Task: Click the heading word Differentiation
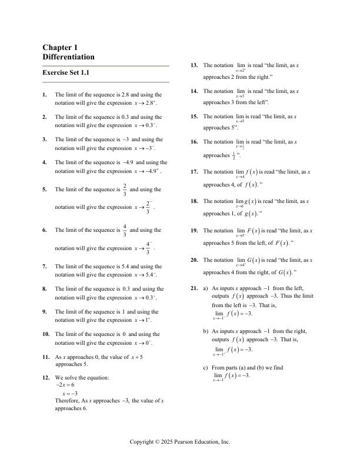[x=68, y=57]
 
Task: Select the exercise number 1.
[x=45, y=94]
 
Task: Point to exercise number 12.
[x=46, y=377]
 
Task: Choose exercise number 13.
[x=194, y=65]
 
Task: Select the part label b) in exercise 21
[x=205, y=332]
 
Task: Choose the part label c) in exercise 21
[x=205, y=367]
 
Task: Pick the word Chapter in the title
[x=56, y=47]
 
